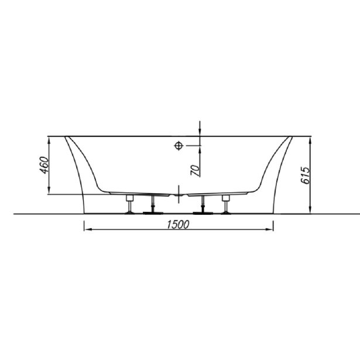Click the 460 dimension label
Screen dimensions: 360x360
44,165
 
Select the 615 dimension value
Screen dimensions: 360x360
306,176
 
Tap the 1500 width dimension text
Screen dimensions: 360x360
178,225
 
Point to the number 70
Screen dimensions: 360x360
195,170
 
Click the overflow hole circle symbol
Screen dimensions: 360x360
179,146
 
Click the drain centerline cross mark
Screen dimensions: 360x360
179,194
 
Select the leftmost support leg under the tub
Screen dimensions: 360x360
130,204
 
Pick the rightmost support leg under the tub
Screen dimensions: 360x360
226,204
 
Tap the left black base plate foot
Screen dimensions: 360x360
153,213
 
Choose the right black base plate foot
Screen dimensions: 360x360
203,213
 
